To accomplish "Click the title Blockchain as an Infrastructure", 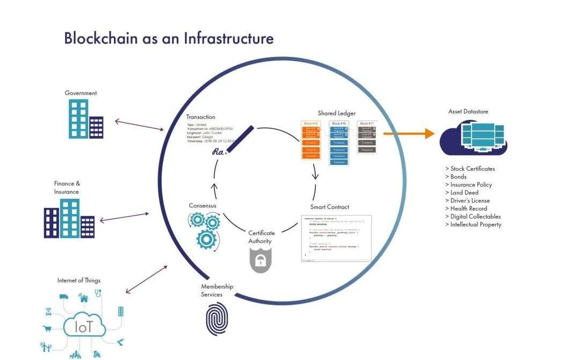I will pyautogui.click(x=169, y=39).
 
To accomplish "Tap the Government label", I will pyautogui.click(x=81, y=93).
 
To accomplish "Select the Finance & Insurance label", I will pyautogui.click(x=67, y=188).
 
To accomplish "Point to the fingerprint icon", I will pyautogui.click(x=216, y=319).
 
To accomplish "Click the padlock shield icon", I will pyautogui.click(x=260, y=260).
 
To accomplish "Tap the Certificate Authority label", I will pyautogui.click(x=262, y=237).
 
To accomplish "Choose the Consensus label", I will pyautogui.click(x=202, y=205).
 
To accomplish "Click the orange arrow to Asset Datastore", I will pyautogui.click(x=408, y=134).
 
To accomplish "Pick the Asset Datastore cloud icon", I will pyautogui.click(x=473, y=138).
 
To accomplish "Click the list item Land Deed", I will pyautogui.click(x=462, y=192).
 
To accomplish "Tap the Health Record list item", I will pyautogui.click(x=466, y=208).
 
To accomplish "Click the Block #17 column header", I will pyautogui.click(x=365, y=124).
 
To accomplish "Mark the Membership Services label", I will pyautogui.click(x=217, y=291).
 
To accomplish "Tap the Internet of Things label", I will pyautogui.click(x=79, y=280).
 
